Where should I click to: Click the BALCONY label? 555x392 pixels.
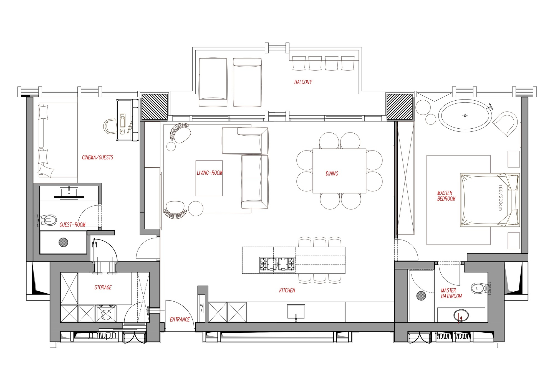(x=303, y=82)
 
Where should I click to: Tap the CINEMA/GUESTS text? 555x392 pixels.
(x=97, y=157)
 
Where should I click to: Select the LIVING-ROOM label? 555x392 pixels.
(x=210, y=173)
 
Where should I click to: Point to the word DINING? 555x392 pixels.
(x=332, y=174)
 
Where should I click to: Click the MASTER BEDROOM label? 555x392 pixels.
(x=446, y=196)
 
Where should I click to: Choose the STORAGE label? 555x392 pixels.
(x=103, y=287)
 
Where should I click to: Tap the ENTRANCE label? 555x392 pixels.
(x=180, y=320)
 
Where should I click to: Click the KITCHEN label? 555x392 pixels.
(x=287, y=291)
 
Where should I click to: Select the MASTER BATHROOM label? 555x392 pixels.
(x=451, y=293)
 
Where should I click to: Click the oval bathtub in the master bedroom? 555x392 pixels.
(x=465, y=116)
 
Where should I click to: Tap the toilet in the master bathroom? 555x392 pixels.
(x=479, y=288)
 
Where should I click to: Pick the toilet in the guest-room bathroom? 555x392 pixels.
(x=48, y=220)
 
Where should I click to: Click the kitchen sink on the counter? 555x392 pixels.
(x=296, y=312)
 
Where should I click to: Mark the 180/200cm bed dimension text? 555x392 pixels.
(x=500, y=197)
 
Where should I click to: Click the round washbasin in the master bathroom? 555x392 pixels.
(x=461, y=315)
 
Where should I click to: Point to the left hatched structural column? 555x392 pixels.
(x=155, y=107)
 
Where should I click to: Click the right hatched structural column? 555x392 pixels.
(x=399, y=107)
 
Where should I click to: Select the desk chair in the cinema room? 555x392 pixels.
(x=110, y=126)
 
